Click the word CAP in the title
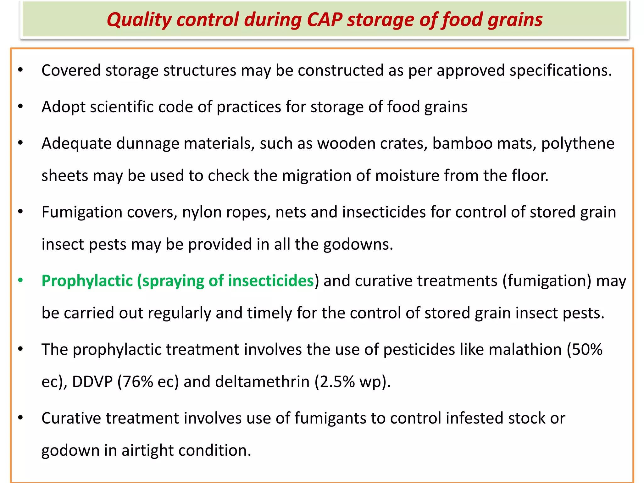pos(324,19)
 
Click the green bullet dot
pos(20,280)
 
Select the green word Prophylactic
pos(87,281)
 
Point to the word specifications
pos(560,71)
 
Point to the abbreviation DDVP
pos(92,382)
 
